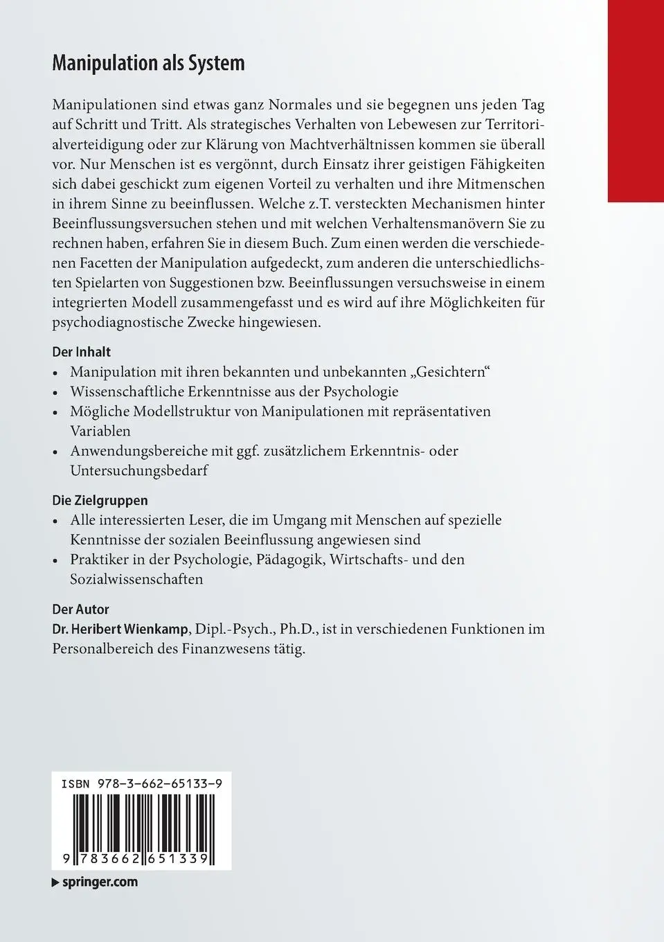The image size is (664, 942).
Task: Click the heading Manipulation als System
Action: click(x=148, y=64)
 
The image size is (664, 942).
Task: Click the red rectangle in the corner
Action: click(x=635, y=100)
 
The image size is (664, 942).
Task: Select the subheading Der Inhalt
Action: click(x=82, y=352)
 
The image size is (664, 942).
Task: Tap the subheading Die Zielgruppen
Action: click(x=100, y=500)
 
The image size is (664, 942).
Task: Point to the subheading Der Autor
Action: click(x=80, y=610)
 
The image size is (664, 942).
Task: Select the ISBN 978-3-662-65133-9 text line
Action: click(x=141, y=785)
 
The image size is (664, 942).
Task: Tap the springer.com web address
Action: click(x=100, y=882)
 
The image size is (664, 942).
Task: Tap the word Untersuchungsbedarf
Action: click(x=138, y=470)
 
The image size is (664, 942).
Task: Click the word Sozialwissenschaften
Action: click(x=136, y=579)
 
